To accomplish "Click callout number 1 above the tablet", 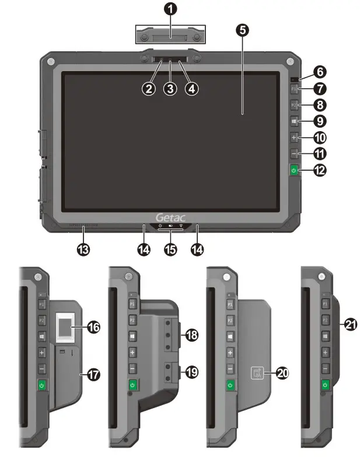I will [x=171, y=9].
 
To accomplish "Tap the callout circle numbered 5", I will [x=243, y=30].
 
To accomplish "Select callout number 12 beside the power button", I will [x=320, y=171].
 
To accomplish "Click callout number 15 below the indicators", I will [x=170, y=249].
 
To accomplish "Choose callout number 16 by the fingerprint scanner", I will [x=93, y=328].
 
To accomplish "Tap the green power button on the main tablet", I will [x=294, y=171].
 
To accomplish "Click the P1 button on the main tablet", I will [x=295, y=89].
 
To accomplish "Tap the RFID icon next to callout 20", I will [x=258, y=372].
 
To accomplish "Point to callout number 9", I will [x=320, y=121].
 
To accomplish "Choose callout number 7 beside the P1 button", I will [x=320, y=89].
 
